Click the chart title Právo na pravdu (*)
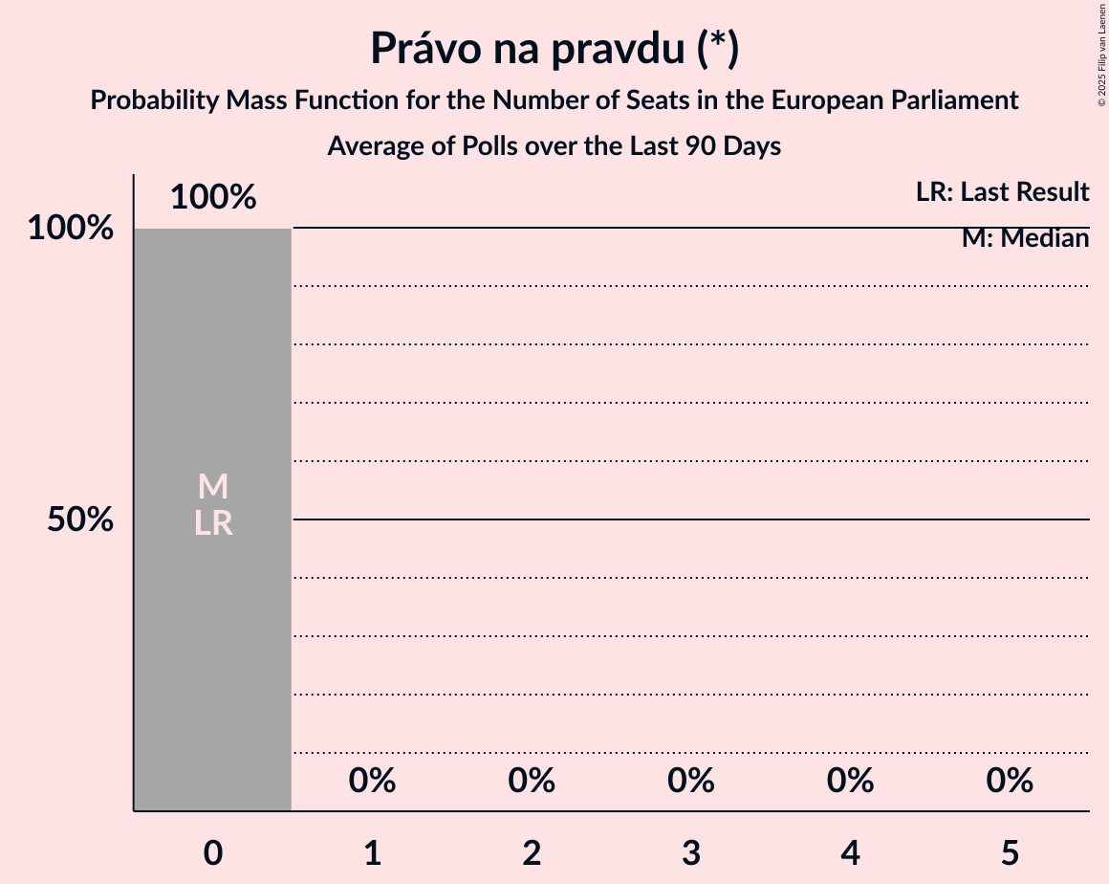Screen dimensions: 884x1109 (x=554, y=50)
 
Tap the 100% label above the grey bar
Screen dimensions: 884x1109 (x=213, y=197)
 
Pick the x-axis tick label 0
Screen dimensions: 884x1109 (x=213, y=853)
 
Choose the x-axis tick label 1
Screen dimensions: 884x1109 (x=373, y=853)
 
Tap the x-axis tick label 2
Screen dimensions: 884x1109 (x=532, y=853)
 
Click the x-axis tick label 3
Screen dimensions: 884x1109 (x=691, y=853)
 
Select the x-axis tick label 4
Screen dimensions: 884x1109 (x=851, y=853)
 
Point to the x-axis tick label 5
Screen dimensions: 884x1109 (x=1010, y=853)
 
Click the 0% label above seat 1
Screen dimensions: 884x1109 (x=373, y=781)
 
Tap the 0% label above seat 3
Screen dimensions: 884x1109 (x=691, y=781)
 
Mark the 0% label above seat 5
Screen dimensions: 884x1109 (x=1010, y=781)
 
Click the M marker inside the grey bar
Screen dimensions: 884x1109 (x=213, y=487)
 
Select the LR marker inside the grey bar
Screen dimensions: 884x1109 (x=213, y=523)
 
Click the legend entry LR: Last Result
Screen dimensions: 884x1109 (x=1002, y=192)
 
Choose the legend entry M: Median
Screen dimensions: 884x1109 (x=1025, y=238)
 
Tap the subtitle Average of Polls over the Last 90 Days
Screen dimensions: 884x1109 (x=554, y=146)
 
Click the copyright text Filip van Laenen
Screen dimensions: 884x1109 (x=1101, y=54)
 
